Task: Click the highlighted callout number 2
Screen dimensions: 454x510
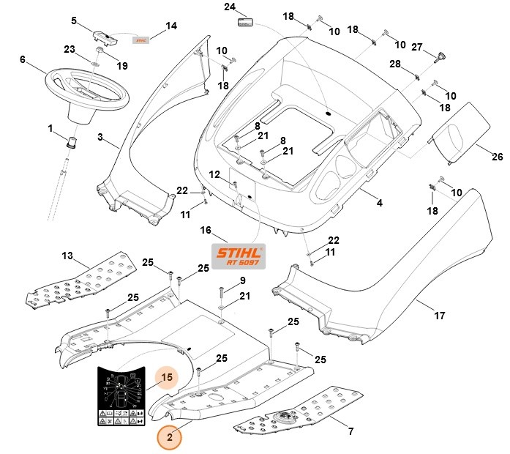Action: pyautogui.click(x=170, y=437)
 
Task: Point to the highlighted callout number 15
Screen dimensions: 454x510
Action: pyautogui.click(x=166, y=379)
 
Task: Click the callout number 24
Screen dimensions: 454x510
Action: pyautogui.click(x=230, y=7)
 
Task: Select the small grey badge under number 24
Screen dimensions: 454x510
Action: pyautogui.click(x=244, y=23)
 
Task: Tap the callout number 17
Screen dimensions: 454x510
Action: pyautogui.click(x=440, y=317)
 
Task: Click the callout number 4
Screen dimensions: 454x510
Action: pyautogui.click(x=380, y=202)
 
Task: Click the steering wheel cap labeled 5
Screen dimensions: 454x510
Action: pyautogui.click(x=102, y=36)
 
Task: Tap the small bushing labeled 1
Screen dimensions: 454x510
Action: pyautogui.click(x=72, y=141)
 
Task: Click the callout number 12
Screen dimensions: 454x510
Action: pyautogui.click(x=214, y=174)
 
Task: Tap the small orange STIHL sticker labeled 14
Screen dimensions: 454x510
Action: pyautogui.click(x=140, y=40)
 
